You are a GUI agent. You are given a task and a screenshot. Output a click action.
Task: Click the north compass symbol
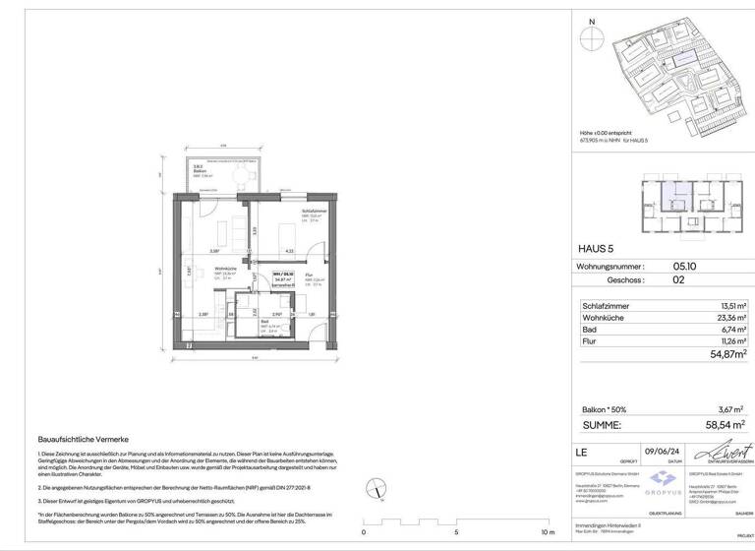pos(591,38)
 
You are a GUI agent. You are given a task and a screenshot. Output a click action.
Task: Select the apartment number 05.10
pos(686,266)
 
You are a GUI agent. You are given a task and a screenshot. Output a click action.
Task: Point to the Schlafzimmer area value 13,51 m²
pos(728,306)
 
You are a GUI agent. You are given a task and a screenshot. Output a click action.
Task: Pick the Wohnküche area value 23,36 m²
pos(728,319)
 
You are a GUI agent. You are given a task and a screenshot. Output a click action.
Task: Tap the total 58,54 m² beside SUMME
pos(723,425)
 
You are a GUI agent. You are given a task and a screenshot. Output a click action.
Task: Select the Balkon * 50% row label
pos(605,409)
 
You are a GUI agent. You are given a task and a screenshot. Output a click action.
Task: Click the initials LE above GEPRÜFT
pos(581,452)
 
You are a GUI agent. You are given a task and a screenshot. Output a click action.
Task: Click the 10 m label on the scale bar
pos(549,532)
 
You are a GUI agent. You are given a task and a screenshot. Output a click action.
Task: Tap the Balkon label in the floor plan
pos(200,171)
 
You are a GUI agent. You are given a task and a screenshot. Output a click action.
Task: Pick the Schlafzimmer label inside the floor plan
pos(314,211)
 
